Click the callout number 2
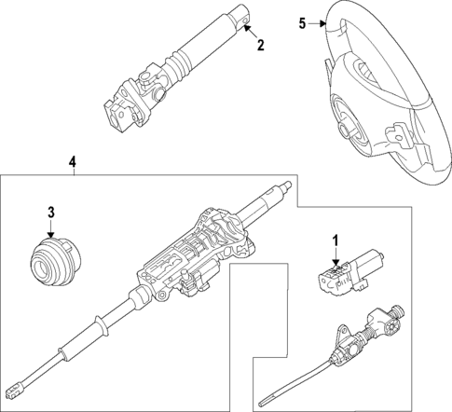[261, 44]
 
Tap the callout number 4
[72, 161]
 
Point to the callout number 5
[301, 23]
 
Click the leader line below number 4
[72, 172]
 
